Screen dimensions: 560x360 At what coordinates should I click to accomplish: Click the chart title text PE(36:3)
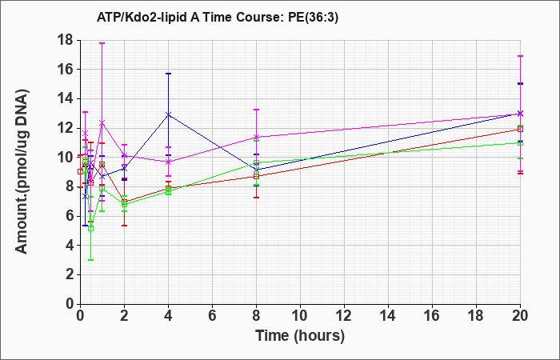pyautogui.click(x=313, y=18)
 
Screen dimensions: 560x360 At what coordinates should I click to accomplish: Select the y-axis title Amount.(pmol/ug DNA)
pyautogui.click(x=22, y=172)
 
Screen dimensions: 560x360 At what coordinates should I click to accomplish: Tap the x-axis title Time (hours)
pyautogui.click(x=300, y=336)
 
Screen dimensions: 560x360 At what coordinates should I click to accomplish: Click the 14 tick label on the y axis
pyautogui.click(x=66, y=99)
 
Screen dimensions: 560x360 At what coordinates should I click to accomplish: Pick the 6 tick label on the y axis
pyautogui.click(x=70, y=216)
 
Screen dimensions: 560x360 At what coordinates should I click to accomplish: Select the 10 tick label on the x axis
pyautogui.click(x=300, y=316)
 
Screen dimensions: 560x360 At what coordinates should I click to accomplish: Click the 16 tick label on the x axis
pyautogui.click(x=432, y=316)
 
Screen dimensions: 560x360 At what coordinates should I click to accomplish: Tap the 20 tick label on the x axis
pyautogui.click(x=520, y=316)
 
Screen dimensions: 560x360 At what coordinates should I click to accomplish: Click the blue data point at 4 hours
pyautogui.click(x=169, y=114)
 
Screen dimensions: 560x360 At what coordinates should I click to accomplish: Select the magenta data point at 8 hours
pyautogui.click(x=257, y=137)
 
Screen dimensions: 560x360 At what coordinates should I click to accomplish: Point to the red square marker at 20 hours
pyautogui.click(x=520, y=130)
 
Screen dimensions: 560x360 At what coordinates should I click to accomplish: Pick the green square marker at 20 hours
pyautogui.click(x=520, y=143)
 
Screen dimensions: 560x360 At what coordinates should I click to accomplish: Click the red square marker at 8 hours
pyautogui.click(x=257, y=177)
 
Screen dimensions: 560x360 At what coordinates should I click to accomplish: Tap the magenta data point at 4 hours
pyautogui.click(x=169, y=162)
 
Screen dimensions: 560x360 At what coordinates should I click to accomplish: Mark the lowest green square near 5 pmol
pyautogui.click(x=90, y=229)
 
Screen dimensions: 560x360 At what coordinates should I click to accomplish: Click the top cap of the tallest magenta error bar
pyautogui.click(x=102, y=43)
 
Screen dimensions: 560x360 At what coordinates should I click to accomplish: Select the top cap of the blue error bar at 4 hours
pyautogui.click(x=169, y=74)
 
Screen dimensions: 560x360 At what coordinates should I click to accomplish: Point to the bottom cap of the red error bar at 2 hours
pyautogui.click(x=124, y=226)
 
